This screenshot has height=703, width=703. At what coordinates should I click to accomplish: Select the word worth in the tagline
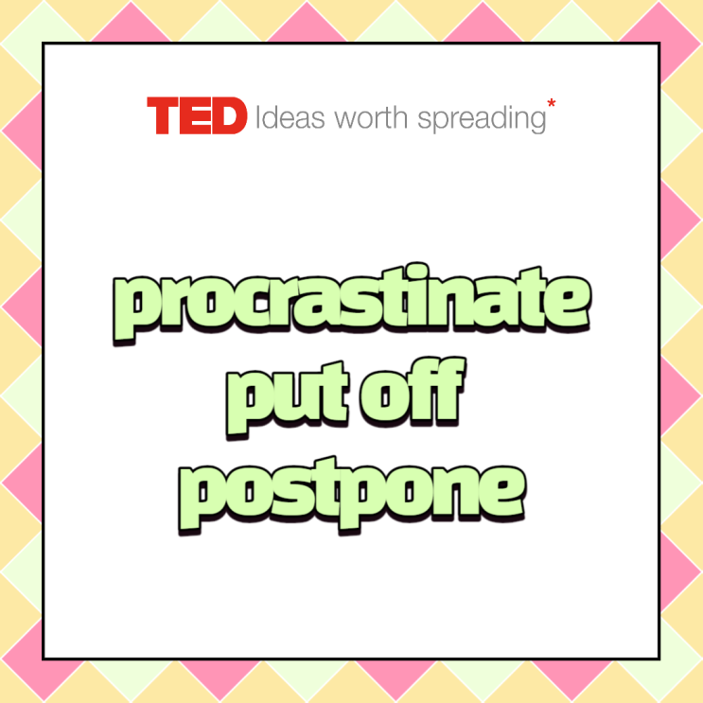pyautogui.click(x=368, y=118)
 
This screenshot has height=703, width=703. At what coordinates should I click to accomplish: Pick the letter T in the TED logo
pyautogui.click(x=162, y=117)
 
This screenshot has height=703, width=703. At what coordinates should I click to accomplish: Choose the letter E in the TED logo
pyautogui.click(x=196, y=117)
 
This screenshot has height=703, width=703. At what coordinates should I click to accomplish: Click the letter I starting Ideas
pyautogui.click(x=259, y=118)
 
